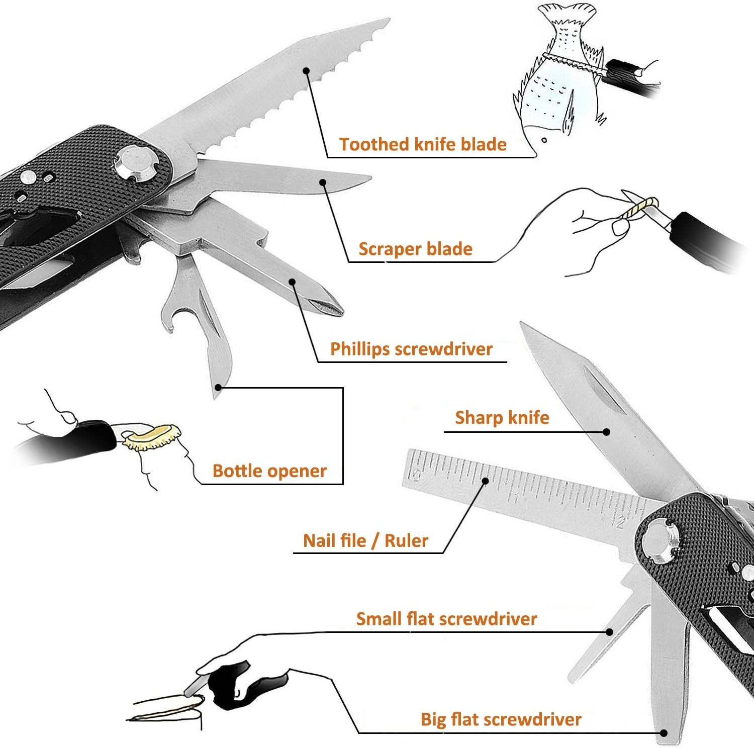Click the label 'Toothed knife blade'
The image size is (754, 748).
click(x=423, y=144)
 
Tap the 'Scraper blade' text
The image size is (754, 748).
click(x=415, y=249)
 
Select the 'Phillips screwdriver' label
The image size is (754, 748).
click(x=411, y=349)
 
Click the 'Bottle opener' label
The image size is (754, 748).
click(x=269, y=471)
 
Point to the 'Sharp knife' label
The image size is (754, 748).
click(x=502, y=418)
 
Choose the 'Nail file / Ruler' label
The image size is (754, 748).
click(x=365, y=541)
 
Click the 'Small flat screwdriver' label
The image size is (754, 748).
click(x=446, y=619)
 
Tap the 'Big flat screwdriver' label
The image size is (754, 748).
click(x=501, y=719)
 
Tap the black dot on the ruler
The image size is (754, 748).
click(x=485, y=481)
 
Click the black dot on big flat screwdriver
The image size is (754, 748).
click(x=664, y=733)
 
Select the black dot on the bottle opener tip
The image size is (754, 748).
click(x=218, y=387)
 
